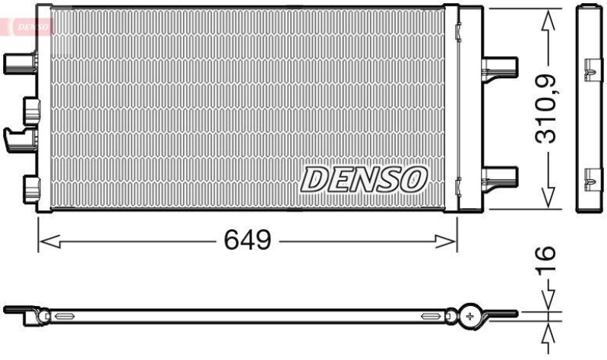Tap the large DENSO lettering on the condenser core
(364, 179)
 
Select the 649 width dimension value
(248, 241)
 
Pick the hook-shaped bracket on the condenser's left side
(20, 137)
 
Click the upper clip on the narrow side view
(590, 73)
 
